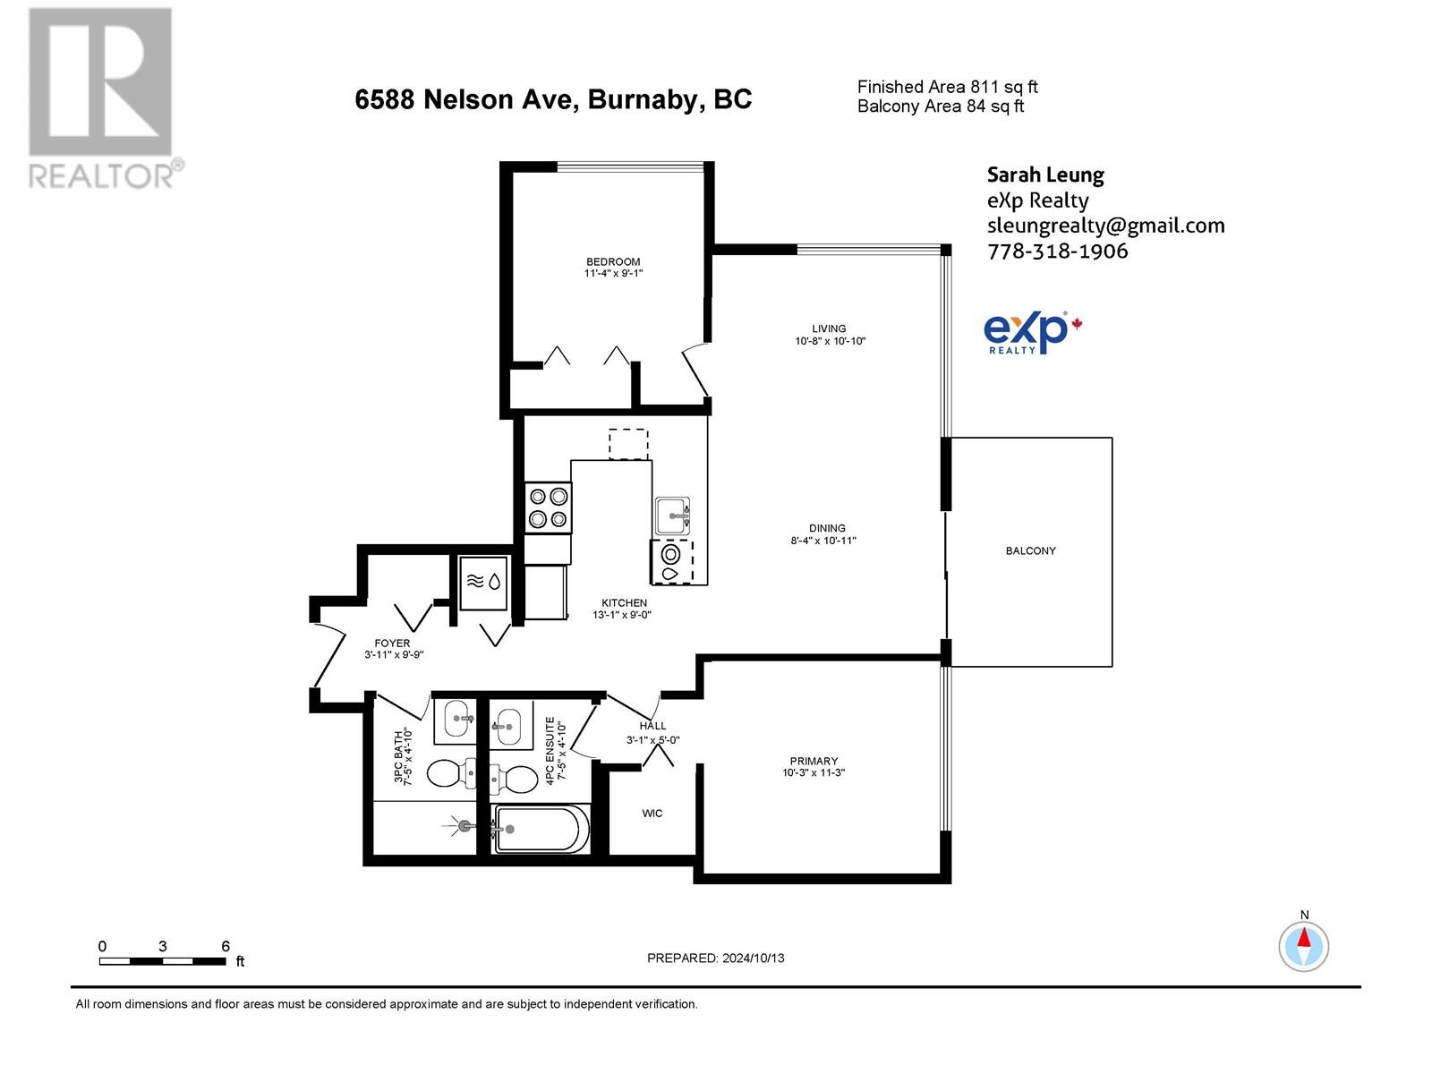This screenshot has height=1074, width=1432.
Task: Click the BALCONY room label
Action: pyautogui.click(x=1030, y=550)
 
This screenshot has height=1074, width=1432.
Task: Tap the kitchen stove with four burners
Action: pyautogui.click(x=548, y=507)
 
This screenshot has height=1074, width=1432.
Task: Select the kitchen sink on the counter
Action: pyautogui.click(x=673, y=516)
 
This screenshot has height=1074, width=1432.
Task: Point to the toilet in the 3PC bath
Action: pyautogui.click(x=451, y=772)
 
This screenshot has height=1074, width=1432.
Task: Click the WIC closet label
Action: pyautogui.click(x=652, y=813)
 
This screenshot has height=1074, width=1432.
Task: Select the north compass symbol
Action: pyautogui.click(x=1304, y=945)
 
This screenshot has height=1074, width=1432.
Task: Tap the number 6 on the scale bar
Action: pyautogui.click(x=226, y=946)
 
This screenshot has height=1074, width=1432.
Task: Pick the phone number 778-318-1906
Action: pyautogui.click(x=1057, y=251)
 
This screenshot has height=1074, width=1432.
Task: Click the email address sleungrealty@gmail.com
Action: pyautogui.click(x=1105, y=226)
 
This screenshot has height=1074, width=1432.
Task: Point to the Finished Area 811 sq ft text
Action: pyautogui.click(x=947, y=87)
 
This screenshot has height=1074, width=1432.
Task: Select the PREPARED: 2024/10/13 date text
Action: pyautogui.click(x=715, y=958)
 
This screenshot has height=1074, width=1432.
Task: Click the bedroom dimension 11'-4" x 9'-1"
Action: pyautogui.click(x=613, y=273)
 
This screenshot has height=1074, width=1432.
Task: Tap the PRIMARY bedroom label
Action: pyautogui.click(x=814, y=761)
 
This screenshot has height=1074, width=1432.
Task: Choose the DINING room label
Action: pyautogui.click(x=828, y=528)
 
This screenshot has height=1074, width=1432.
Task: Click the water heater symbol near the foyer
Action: pyautogui.click(x=483, y=582)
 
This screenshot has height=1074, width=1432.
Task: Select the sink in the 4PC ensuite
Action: pyautogui.click(x=507, y=722)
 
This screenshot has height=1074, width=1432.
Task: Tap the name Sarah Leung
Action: pyautogui.click(x=1044, y=175)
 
